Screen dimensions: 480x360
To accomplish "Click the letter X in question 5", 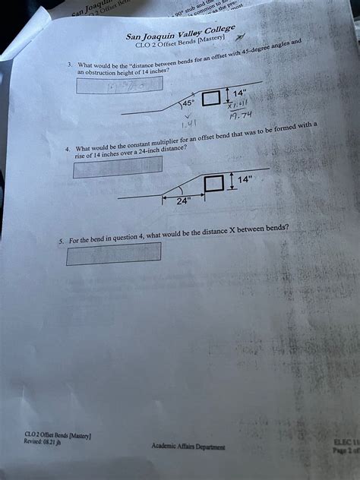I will pos(232,231).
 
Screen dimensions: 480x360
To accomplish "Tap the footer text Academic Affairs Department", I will pos(187,447).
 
